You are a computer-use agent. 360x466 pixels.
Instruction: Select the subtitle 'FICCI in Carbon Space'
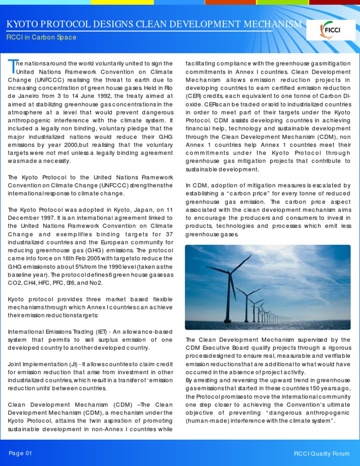[40, 38]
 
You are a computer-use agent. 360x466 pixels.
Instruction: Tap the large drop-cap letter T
[11, 67]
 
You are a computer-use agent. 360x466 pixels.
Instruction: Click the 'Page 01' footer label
[21, 453]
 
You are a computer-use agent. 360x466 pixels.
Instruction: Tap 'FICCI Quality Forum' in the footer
[321, 454]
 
